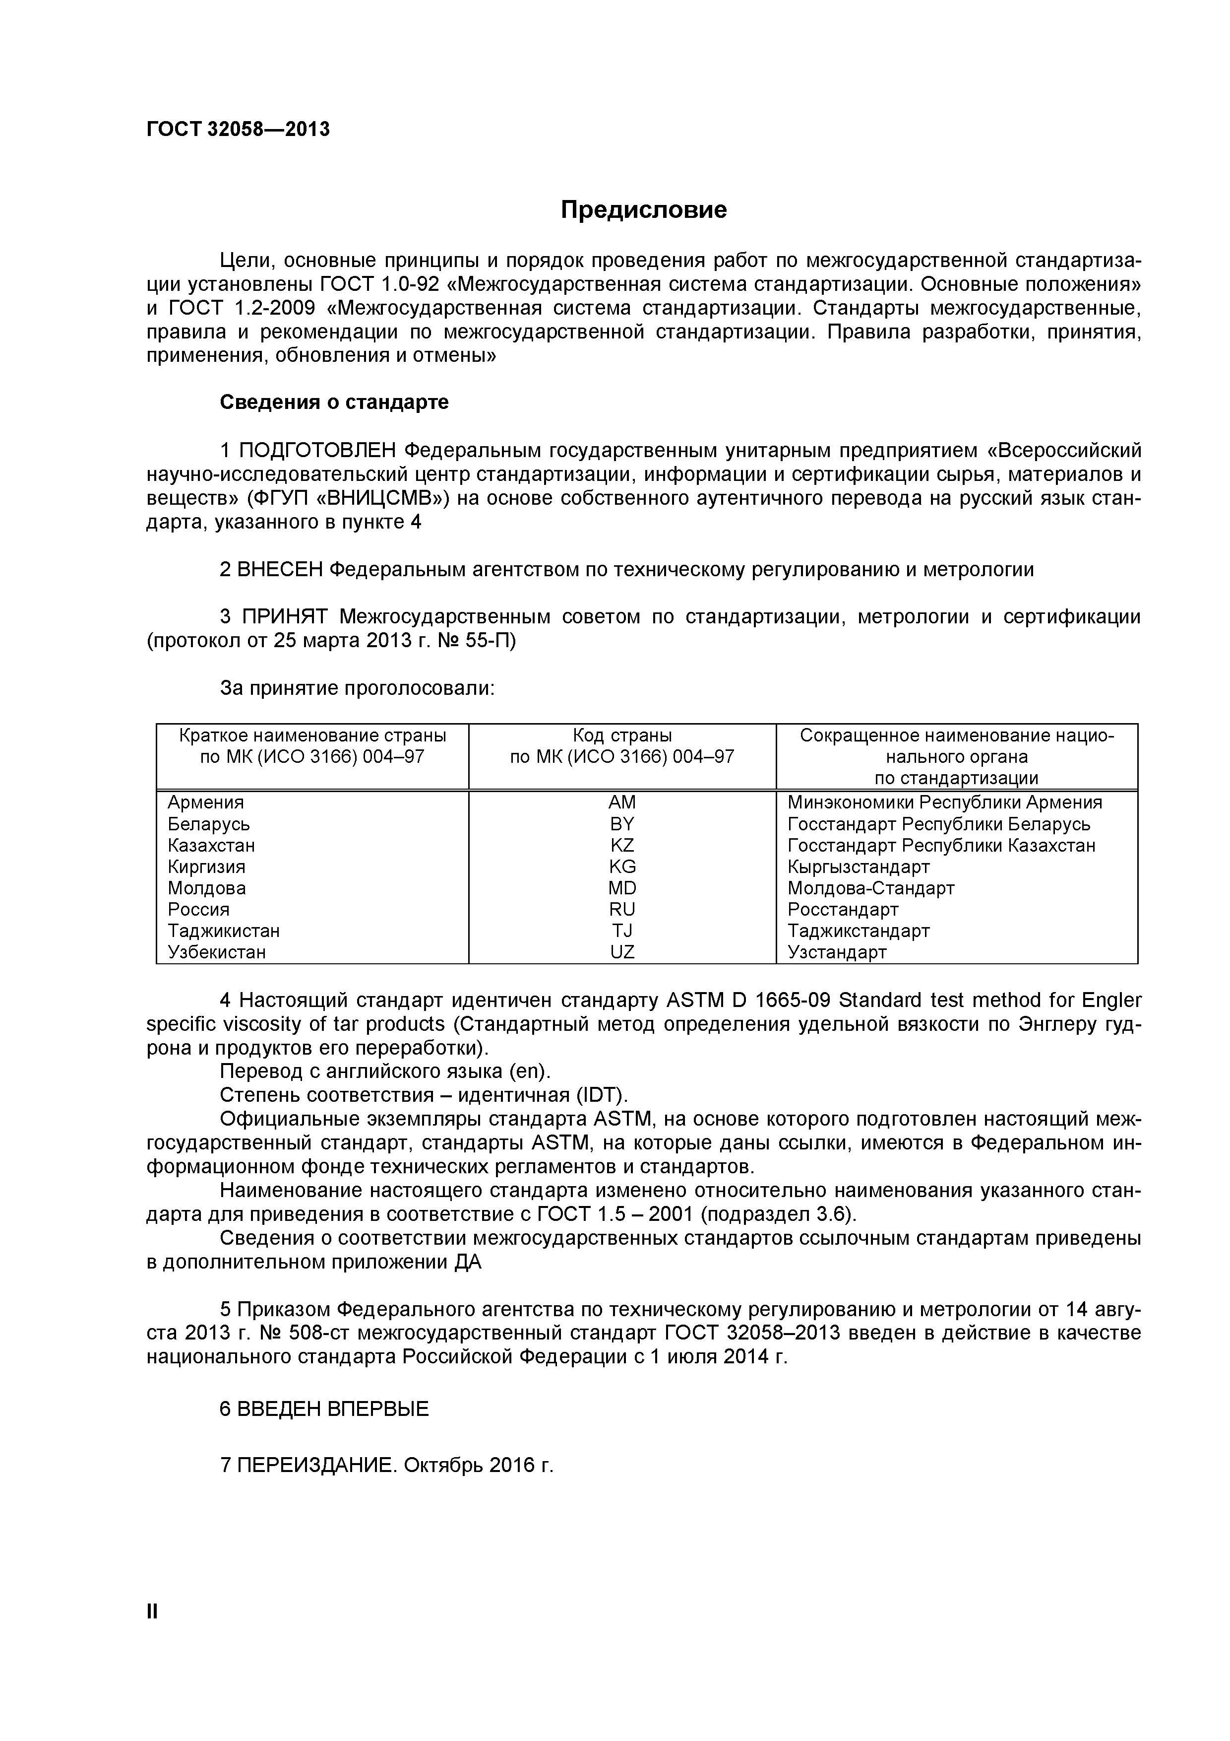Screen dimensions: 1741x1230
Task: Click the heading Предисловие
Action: tap(643, 210)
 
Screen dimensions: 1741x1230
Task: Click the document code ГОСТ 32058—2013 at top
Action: tap(238, 130)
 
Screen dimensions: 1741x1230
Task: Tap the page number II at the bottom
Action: tap(152, 1632)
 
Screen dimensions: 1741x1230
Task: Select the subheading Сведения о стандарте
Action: tap(333, 402)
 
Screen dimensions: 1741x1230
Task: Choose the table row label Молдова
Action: tap(206, 888)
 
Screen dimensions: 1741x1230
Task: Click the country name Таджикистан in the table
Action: tap(224, 931)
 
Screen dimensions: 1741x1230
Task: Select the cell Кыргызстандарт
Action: tap(858, 867)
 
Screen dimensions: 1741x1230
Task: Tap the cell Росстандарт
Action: tap(843, 909)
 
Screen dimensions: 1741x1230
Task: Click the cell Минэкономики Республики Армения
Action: tap(944, 802)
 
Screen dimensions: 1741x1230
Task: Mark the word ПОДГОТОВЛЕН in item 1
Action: tap(317, 451)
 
